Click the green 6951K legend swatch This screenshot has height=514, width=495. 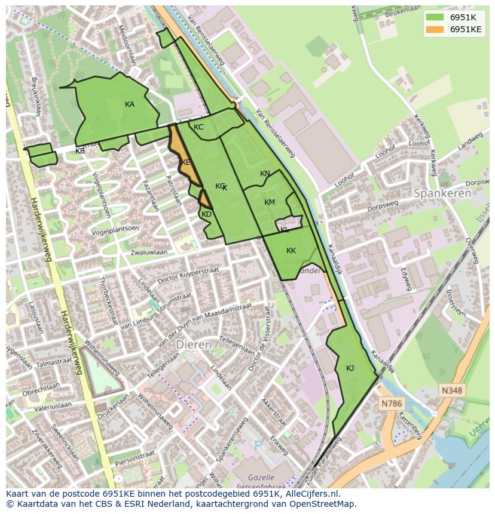tap(435, 17)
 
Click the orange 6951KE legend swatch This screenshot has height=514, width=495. tap(435, 29)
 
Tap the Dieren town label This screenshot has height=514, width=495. tap(194, 345)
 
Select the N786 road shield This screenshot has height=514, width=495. tap(392, 404)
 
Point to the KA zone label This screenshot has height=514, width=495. tap(130, 104)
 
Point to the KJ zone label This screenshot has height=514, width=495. tap(350, 368)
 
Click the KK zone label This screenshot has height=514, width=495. tap(291, 251)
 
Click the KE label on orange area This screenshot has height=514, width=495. tap(186, 162)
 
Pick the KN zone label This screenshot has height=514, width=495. tap(265, 174)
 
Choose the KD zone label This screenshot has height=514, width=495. tap(206, 214)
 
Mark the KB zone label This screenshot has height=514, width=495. tap(80, 151)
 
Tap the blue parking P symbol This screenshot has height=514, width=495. tap(258, 445)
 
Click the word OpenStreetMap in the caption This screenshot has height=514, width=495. tap(321, 504)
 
